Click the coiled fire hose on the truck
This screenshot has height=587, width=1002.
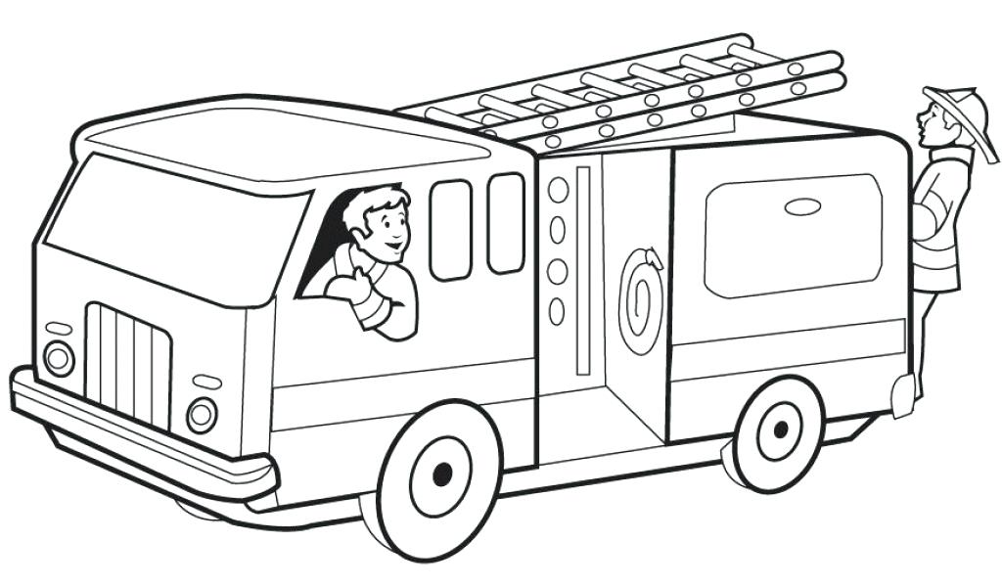coord(642,298)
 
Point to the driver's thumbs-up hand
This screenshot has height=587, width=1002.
coord(354,285)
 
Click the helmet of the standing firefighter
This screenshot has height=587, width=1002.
coord(960,108)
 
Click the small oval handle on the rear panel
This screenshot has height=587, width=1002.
coord(804,207)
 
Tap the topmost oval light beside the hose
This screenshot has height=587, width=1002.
coord(558,189)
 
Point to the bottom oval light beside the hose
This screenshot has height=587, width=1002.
coord(557,311)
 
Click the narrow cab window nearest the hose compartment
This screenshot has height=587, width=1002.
coord(506,223)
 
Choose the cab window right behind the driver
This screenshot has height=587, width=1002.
coord(450,230)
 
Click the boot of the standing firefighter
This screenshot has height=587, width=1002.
coord(903,393)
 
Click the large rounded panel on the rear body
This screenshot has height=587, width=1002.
coord(793,235)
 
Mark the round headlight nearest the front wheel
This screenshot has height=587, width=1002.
coord(202,415)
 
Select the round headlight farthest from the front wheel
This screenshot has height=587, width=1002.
coord(59,357)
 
